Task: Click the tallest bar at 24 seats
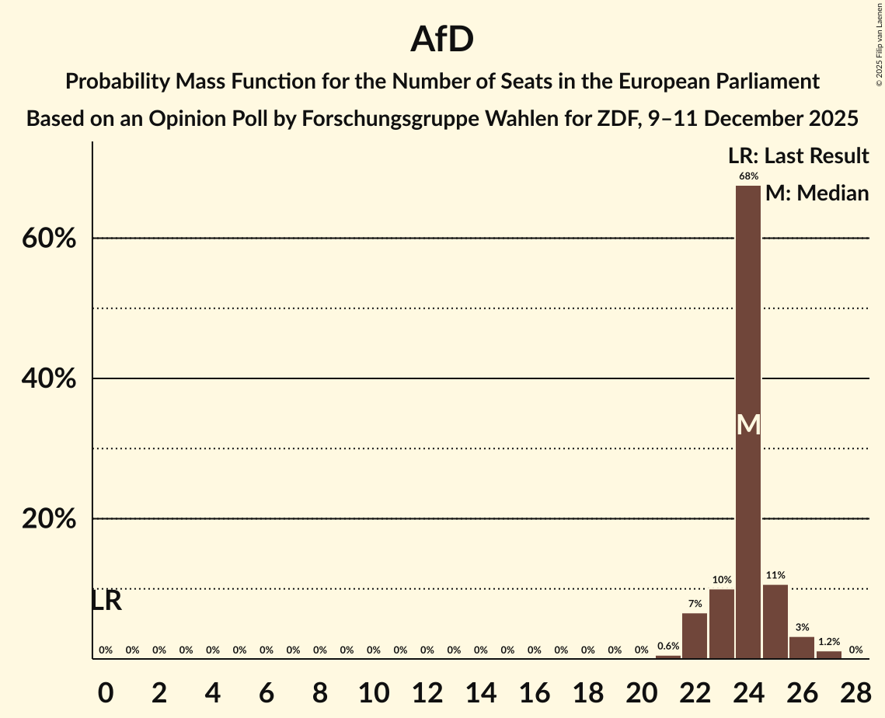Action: click(747, 422)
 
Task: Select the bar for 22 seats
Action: click(695, 636)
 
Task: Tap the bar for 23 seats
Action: click(721, 624)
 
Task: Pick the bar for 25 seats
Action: click(775, 622)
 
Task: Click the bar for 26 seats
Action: click(801, 647)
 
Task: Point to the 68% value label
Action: click(747, 176)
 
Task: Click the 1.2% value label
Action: click(828, 642)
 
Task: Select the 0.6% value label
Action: click(667, 647)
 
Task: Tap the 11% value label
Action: click(775, 575)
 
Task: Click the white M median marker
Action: click(747, 424)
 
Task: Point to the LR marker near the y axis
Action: click(106, 601)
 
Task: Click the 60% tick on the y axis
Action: click(49, 239)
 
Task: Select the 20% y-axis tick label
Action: click(49, 519)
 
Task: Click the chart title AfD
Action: click(442, 40)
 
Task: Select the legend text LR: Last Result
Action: click(798, 156)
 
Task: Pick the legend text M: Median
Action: click(817, 193)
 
